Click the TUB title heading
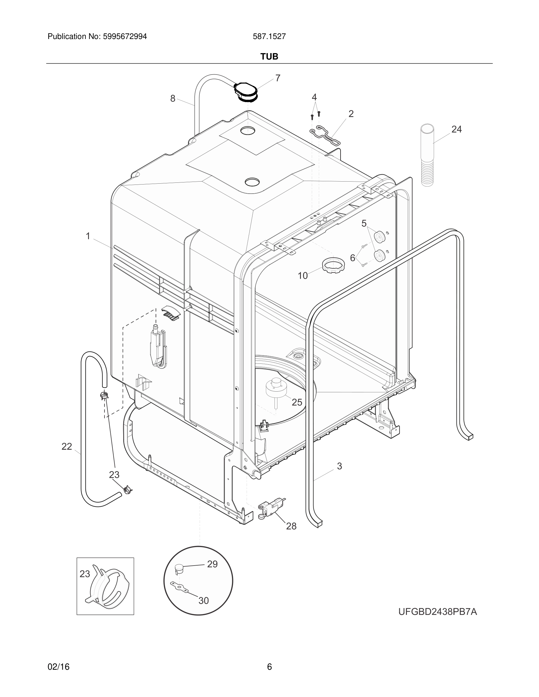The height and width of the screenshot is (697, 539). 269,57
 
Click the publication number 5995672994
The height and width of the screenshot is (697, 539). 125,36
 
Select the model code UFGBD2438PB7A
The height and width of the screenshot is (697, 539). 437,612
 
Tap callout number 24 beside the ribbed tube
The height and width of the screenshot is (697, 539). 456,129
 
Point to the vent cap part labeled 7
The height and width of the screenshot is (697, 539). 245,92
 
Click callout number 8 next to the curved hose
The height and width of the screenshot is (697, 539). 173,99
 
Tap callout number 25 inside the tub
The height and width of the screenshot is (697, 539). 297,402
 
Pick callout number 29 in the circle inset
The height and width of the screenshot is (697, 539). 212,564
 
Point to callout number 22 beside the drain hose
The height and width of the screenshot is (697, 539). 67,446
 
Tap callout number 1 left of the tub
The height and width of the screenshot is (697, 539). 88,236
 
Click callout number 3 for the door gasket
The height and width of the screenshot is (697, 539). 339,466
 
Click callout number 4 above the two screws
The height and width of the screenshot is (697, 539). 314,97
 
